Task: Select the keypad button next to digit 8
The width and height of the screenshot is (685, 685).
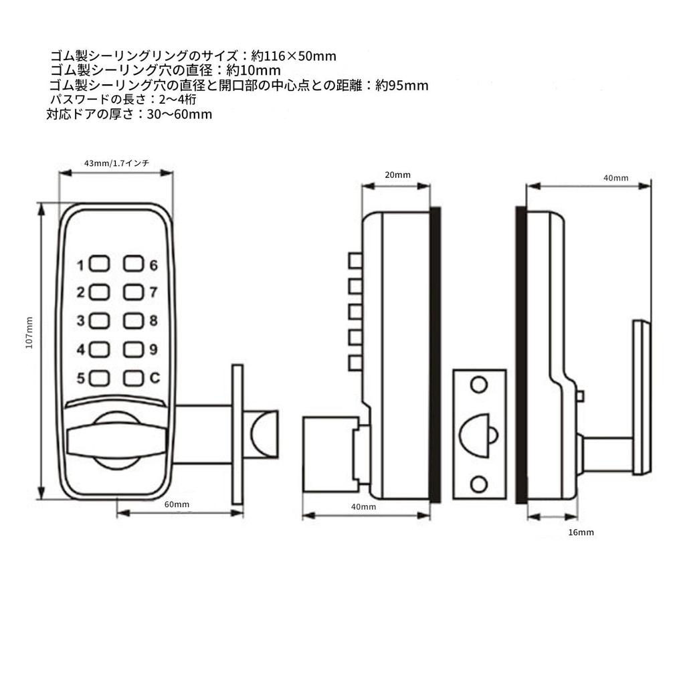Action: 134,321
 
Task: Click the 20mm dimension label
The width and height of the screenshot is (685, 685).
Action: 397,175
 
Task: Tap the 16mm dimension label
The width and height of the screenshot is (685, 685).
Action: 580,532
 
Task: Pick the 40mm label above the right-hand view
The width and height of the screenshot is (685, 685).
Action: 615,178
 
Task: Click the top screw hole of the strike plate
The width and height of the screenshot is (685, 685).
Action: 478,385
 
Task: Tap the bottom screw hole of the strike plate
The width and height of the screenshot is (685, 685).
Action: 478,483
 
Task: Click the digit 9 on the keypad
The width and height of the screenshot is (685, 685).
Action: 153,349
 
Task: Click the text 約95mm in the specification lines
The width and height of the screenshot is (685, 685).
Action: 401,86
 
